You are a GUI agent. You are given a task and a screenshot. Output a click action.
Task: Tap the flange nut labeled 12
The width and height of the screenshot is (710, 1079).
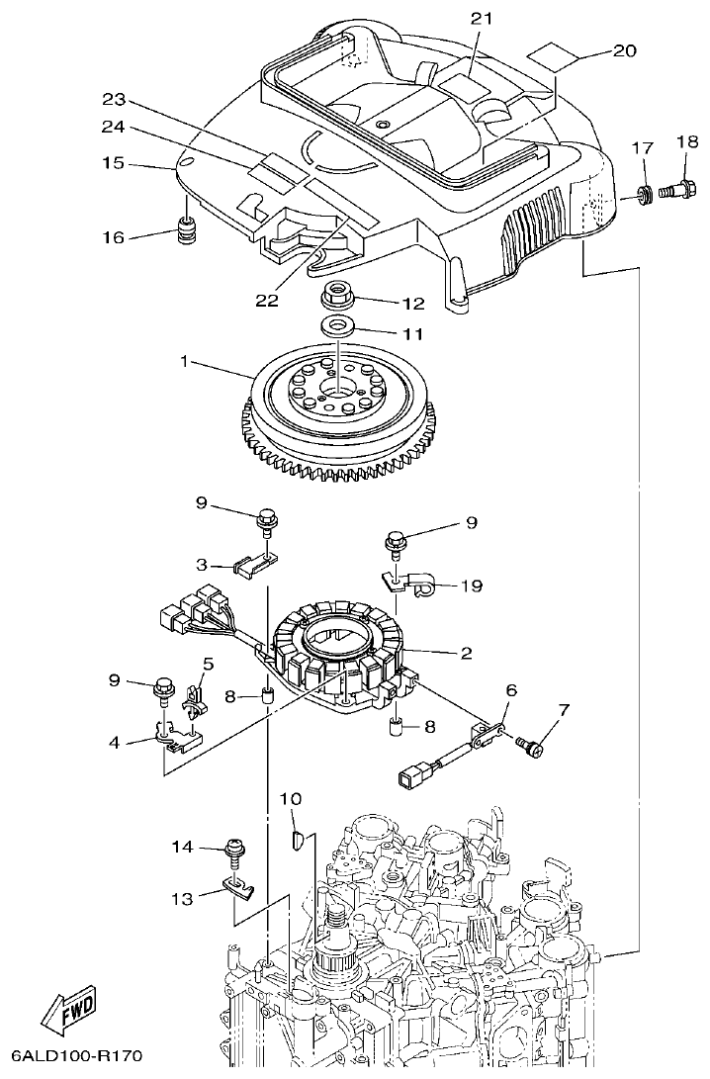[x=337, y=296]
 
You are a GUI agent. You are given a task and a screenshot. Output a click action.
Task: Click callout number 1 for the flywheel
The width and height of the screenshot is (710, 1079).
[x=183, y=362]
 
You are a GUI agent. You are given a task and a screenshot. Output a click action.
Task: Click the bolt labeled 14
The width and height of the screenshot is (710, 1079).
[x=236, y=850]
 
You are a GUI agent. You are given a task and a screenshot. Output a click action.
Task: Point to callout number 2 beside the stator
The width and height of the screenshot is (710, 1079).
[x=464, y=652]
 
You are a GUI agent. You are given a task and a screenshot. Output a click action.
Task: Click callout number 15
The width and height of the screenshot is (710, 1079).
[x=112, y=162]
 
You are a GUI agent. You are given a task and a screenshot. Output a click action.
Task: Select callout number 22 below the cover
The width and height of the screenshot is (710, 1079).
[x=266, y=301]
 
